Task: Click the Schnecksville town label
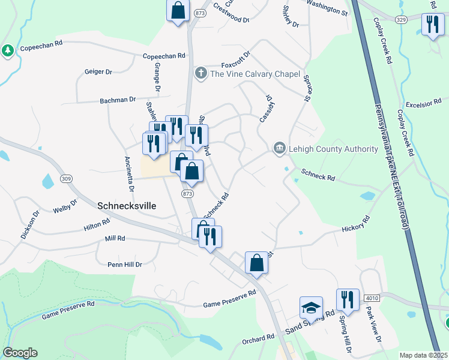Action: tap(127, 205)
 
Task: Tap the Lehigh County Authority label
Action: tap(324, 148)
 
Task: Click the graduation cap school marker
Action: tap(311, 308)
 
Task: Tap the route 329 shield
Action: tap(402, 20)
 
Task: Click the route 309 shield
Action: tap(66, 179)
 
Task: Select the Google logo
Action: tap(20, 353)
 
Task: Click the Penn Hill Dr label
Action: tap(124, 264)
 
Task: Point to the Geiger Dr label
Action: tap(99, 71)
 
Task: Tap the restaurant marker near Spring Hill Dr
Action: tap(348, 298)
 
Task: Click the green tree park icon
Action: tap(8, 50)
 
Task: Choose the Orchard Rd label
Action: tap(259, 339)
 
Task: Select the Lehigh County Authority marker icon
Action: tap(279, 148)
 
